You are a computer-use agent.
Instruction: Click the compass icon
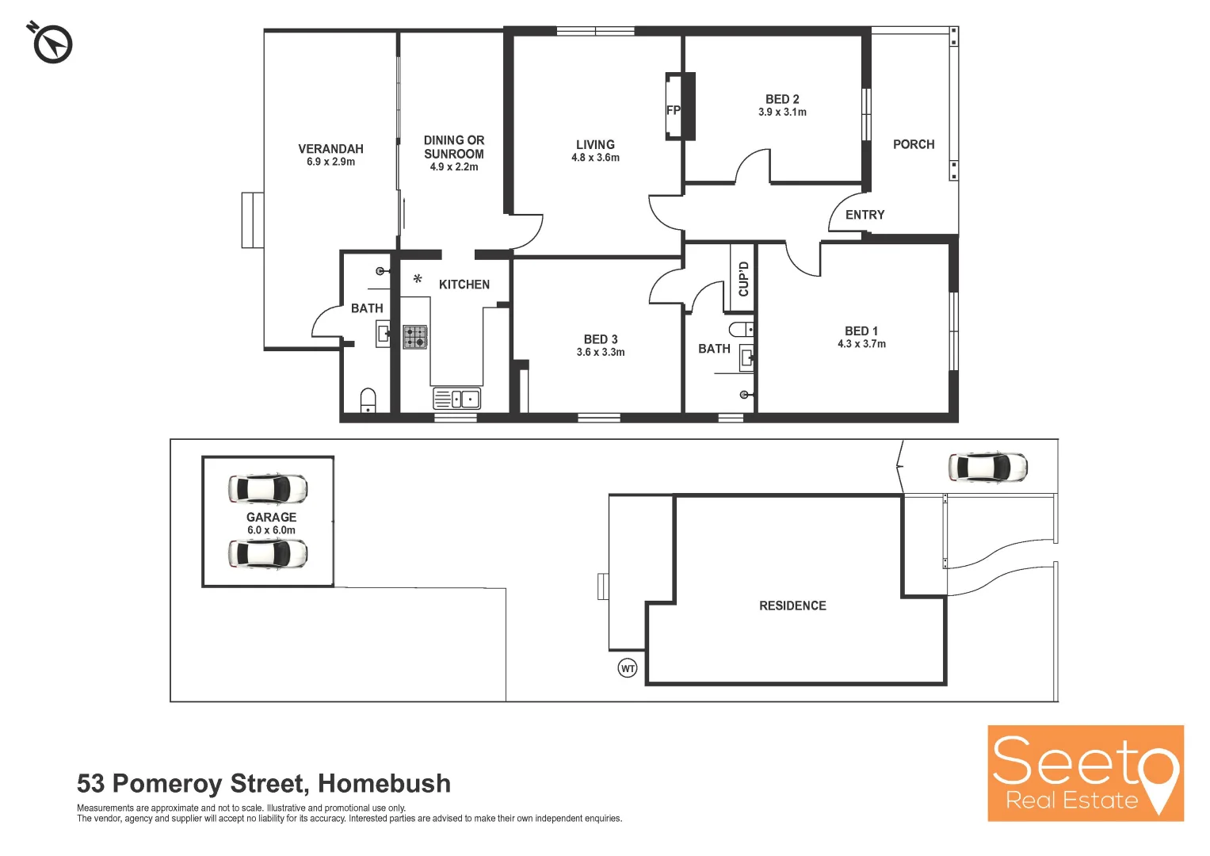pos(52,44)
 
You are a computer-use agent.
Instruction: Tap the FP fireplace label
pos(673,110)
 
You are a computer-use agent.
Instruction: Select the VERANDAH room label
pos(330,149)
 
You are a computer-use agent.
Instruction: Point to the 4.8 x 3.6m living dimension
pos(595,158)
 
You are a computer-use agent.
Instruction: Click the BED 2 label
pos(782,99)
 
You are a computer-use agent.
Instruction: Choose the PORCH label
pos(914,144)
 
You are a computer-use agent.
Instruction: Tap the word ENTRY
pos(865,215)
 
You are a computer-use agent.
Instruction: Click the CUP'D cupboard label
pos(743,279)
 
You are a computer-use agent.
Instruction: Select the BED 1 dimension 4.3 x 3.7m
pos(861,344)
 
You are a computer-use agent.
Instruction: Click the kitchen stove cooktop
pos(414,337)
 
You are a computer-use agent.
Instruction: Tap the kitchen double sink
pos(457,399)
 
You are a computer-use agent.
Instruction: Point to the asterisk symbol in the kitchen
pos(418,279)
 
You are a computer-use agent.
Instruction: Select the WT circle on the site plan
pos(628,668)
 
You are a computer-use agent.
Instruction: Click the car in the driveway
pos(987,468)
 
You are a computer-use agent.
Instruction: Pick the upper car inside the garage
pos(268,489)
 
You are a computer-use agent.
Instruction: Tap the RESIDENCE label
pos(792,606)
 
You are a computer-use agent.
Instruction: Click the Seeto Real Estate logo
pos(1085,773)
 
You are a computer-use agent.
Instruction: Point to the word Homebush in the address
pos(384,783)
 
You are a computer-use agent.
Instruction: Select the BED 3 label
pos(601,339)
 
